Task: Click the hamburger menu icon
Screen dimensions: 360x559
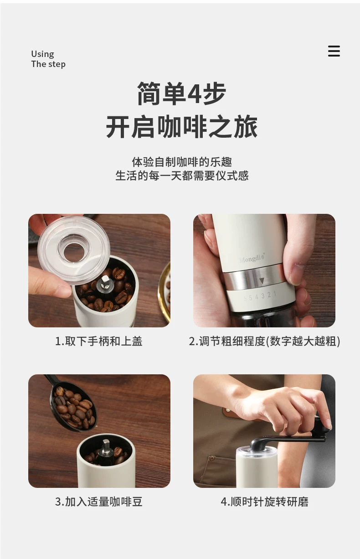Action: point(334,51)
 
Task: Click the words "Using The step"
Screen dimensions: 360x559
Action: point(48,59)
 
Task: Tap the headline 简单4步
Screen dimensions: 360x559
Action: point(182,93)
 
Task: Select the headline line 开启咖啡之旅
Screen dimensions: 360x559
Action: point(182,126)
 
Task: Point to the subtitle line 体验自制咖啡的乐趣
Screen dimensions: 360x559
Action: point(182,162)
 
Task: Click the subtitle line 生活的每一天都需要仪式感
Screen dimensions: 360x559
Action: point(182,176)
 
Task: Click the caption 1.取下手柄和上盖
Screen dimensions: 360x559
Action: point(98,341)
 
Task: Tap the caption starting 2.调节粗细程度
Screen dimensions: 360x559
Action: point(264,341)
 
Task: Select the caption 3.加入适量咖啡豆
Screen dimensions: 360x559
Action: point(98,502)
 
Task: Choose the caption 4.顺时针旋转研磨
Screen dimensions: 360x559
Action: point(264,502)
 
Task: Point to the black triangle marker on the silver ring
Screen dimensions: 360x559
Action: point(262,281)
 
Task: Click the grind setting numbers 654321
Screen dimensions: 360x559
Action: point(260,296)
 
